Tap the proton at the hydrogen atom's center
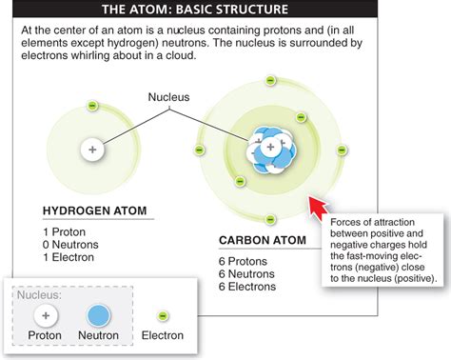point(92,150)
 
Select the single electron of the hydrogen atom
point(91,106)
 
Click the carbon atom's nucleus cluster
point(270,150)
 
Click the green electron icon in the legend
point(163,315)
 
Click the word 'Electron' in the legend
point(163,335)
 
